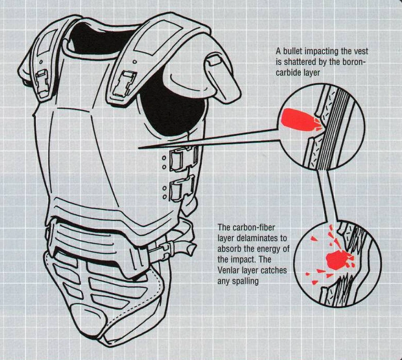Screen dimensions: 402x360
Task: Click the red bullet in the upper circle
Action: tap(298, 120)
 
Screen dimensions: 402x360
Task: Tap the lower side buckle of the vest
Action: tap(185, 186)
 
